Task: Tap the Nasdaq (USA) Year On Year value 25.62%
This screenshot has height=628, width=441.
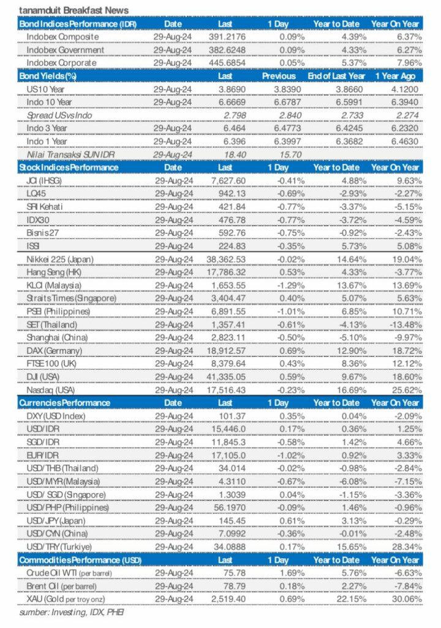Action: click(404, 389)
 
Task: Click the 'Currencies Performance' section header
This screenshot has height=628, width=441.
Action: click(65, 403)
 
